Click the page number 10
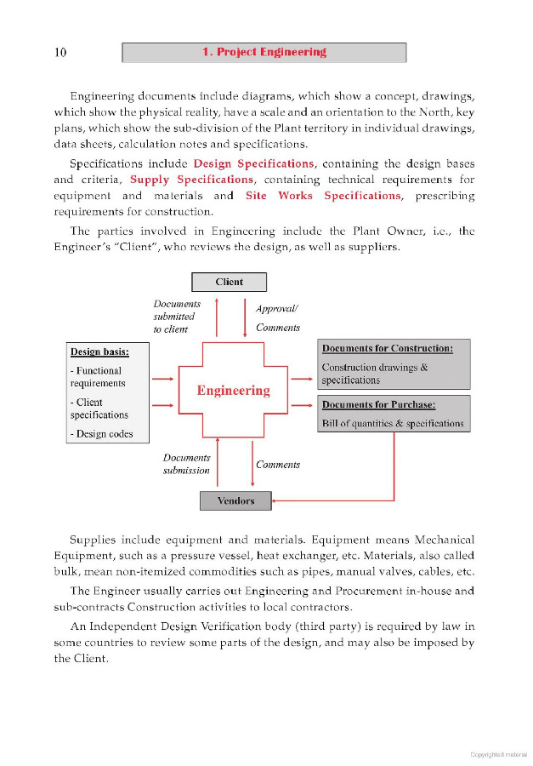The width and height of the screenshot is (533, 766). (60, 53)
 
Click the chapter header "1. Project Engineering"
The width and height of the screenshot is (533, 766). (264, 53)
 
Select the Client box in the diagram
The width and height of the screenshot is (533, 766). (229, 282)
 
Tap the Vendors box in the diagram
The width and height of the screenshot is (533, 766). (235, 500)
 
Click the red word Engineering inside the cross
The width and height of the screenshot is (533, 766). (233, 391)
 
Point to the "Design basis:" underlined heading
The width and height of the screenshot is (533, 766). (99, 352)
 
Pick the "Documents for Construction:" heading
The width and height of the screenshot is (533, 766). (387, 349)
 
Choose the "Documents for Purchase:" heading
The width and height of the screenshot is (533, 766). (383, 404)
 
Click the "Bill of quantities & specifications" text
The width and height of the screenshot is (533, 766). (393, 423)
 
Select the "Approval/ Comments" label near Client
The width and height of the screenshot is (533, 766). (277, 318)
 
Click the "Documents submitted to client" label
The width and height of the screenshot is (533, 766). (176, 316)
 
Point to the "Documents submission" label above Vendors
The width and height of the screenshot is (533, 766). (186, 464)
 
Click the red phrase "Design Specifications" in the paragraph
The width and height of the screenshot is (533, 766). (253, 163)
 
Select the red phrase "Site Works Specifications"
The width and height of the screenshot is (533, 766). (322, 196)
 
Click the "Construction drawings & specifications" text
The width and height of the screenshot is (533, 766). (374, 374)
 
